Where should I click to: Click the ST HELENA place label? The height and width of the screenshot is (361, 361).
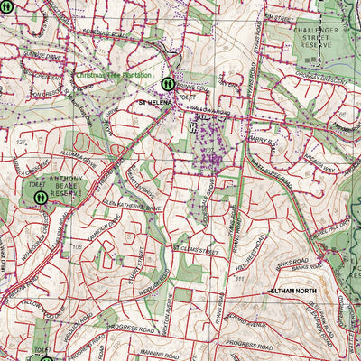click(155, 104)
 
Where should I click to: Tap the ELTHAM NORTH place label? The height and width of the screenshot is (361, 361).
click(296, 291)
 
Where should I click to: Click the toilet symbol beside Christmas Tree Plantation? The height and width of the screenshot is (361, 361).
click(167, 83)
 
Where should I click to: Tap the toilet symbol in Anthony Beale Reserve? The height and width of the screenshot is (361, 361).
click(41, 196)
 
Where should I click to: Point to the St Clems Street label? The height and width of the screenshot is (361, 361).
click(195, 245)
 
